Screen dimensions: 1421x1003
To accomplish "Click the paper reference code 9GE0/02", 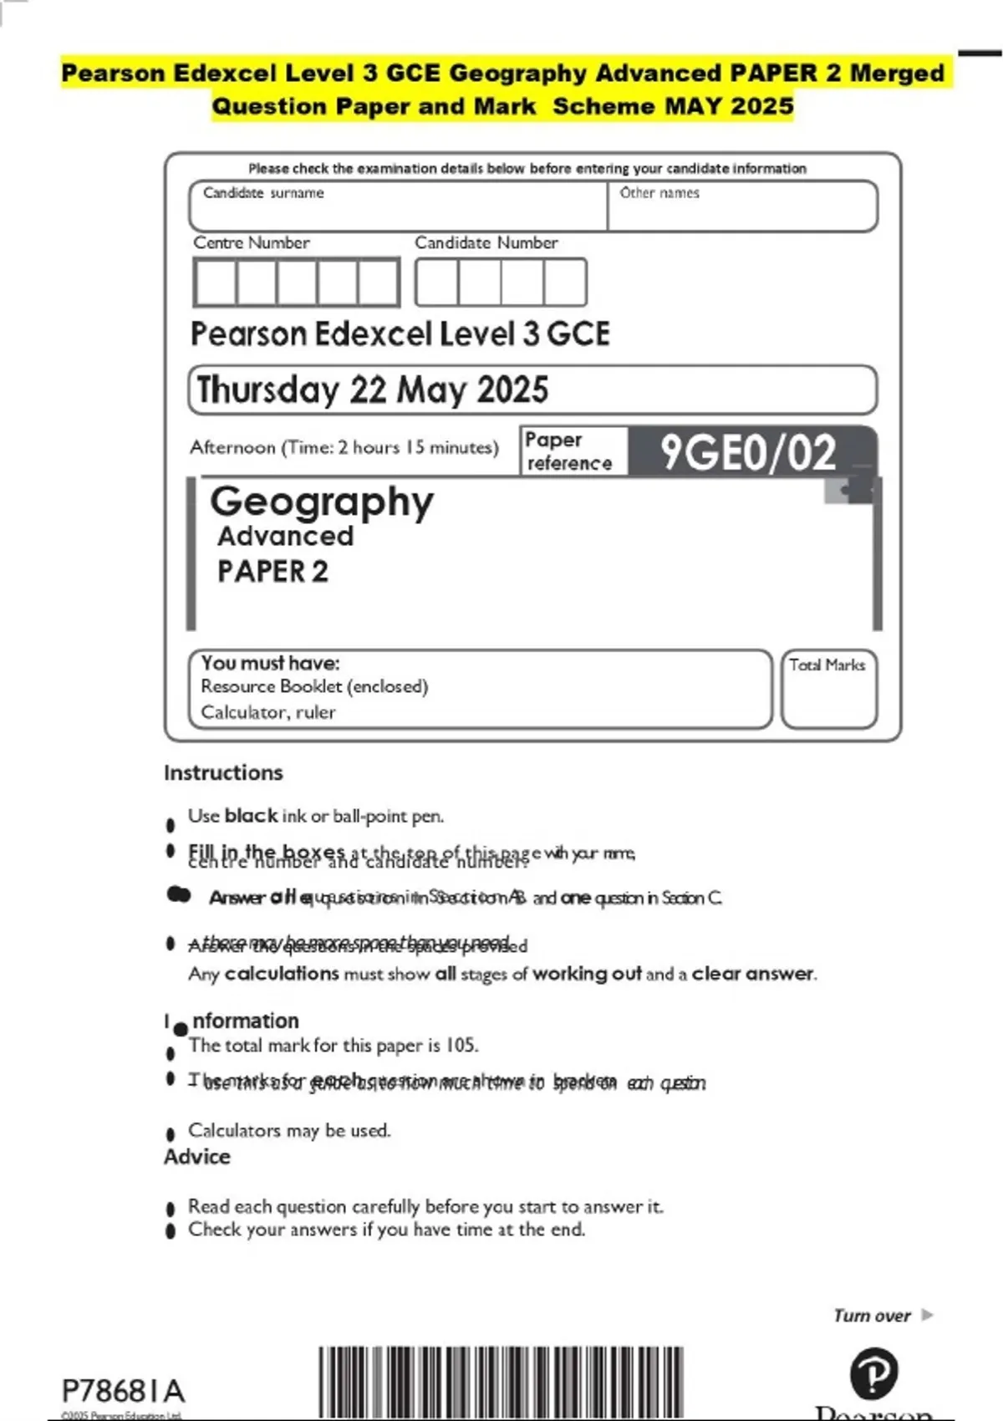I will (x=748, y=452).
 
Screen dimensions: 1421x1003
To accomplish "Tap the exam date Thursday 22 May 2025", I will (x=372, y=390).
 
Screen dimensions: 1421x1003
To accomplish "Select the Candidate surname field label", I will (x=263, y=193).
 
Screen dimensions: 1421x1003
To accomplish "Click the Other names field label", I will (x=659, y=193).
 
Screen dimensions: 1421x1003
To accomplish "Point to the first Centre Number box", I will (x=215, y=283).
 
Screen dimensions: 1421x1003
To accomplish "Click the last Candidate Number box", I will (x=565, y=283).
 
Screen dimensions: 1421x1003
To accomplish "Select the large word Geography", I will (x=322, y=502).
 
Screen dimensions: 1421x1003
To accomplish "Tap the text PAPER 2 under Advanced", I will (x=272, y=572).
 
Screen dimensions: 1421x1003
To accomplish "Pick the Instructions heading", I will (x=223, y=772).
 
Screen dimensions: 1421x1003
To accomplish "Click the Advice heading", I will (x=196, y=1157).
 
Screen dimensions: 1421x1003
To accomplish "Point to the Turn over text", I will (x=872, y=1316).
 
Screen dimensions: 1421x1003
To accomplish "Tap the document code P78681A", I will (x=123, y=1391).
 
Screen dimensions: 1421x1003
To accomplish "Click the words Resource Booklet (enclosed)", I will (x=314, y=686).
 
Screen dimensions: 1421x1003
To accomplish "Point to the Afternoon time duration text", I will (x=344, y=447).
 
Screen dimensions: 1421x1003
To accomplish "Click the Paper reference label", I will (x=568, y=451).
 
